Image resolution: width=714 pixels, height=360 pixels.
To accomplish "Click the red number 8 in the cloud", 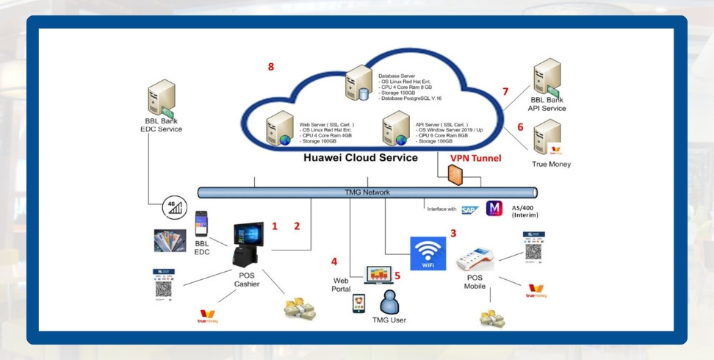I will point(271,67).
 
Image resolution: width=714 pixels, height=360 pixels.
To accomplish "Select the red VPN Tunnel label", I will point(476,158).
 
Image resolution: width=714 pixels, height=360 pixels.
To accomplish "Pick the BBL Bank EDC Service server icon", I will point(161,98).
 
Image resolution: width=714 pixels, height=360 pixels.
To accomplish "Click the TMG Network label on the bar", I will point(367,192).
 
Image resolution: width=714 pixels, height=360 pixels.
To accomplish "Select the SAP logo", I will point(469,209).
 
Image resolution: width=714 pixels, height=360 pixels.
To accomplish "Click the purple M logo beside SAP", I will point(494,209).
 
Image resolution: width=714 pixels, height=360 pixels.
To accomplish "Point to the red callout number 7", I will point(505,92).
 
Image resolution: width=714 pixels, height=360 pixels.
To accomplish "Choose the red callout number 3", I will point(453,234).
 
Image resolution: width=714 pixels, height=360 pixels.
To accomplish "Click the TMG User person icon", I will point(389,300).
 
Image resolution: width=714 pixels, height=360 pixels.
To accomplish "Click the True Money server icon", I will point(547,136).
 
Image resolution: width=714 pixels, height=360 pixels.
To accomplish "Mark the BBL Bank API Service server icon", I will point(547,76).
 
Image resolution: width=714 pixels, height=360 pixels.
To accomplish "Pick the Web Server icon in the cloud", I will point(280,126).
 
